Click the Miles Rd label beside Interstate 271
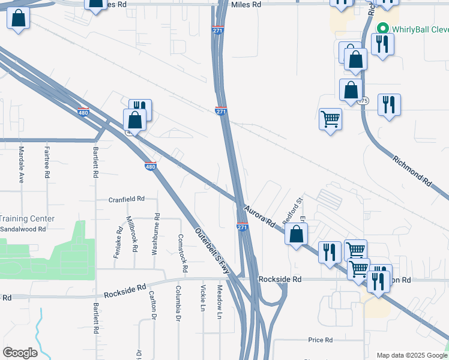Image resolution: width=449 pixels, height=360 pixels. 248,4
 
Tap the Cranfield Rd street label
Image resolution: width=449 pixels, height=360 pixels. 126,199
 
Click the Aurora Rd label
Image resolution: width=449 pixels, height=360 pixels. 259,216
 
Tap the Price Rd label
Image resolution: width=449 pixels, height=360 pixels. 320,340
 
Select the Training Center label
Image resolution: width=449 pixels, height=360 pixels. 28,219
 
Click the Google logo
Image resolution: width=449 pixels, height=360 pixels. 20,353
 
